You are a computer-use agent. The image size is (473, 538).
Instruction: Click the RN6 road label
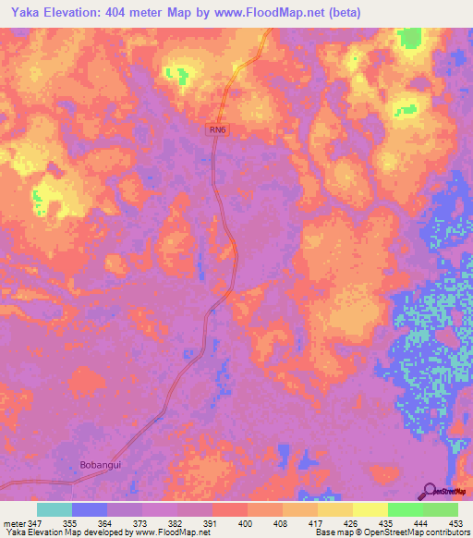[217, 131]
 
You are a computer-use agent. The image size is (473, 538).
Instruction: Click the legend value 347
[36, 523]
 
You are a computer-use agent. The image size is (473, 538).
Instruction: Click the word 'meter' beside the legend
[14, 523]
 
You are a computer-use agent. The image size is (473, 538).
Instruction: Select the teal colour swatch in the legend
[55, 509]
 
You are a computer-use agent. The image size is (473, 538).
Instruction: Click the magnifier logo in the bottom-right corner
[431, 491]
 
